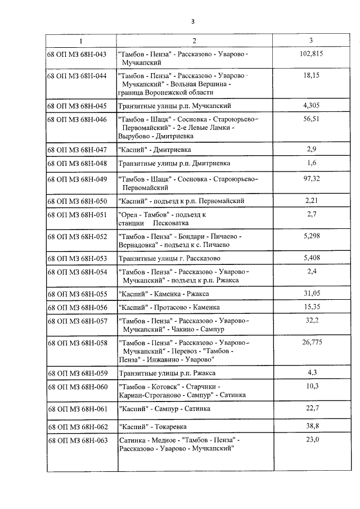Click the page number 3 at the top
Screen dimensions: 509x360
coord(192,21)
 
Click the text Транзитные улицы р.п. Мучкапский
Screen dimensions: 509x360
coord(175,106)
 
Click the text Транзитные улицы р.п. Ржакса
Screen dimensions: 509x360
coord(167,373)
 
